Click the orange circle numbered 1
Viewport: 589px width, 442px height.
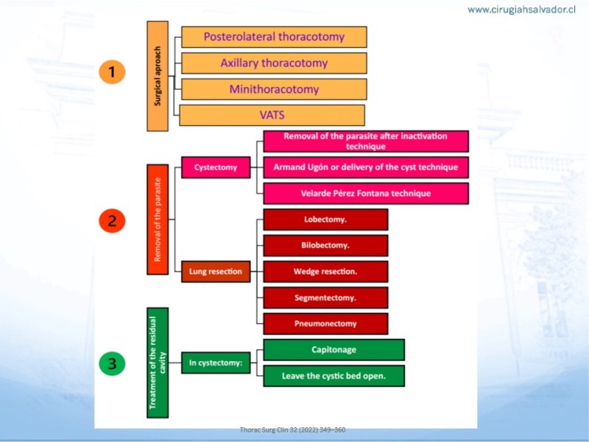[x=112, y=71]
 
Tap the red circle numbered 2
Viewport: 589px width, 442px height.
[x=112, y=220]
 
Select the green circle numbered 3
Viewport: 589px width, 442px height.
[x=112, y=363]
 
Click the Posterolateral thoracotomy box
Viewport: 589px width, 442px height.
[x=274, y=37]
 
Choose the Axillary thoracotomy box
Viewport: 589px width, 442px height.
[x=274, y=63]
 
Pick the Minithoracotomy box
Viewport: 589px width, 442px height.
[x=274, y=89]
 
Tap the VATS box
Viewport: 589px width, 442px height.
[x=272, y=115]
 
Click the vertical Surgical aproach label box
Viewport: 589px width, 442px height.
[x=158, y=76]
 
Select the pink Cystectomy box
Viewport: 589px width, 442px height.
[x=216, y=167]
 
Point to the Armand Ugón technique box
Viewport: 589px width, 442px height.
[x=366, y=167]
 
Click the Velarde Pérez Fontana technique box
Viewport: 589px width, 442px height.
[x=366, y=193]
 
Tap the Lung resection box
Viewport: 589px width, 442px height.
[x=216, y=271]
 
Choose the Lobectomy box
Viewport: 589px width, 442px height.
[x=325, y=220]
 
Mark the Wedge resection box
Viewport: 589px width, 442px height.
[x=325, y=271]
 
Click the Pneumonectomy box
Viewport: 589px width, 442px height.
[x=325, y=323]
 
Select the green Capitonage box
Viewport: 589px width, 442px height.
[x=334, y=349]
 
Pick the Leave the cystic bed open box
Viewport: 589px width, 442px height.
[x=334, y=376]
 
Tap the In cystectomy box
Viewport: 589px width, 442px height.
[x=216, y=362]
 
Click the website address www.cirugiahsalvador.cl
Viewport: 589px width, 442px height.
[x=522, y=10]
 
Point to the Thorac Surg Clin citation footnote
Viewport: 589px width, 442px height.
[x=292, y=429]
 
